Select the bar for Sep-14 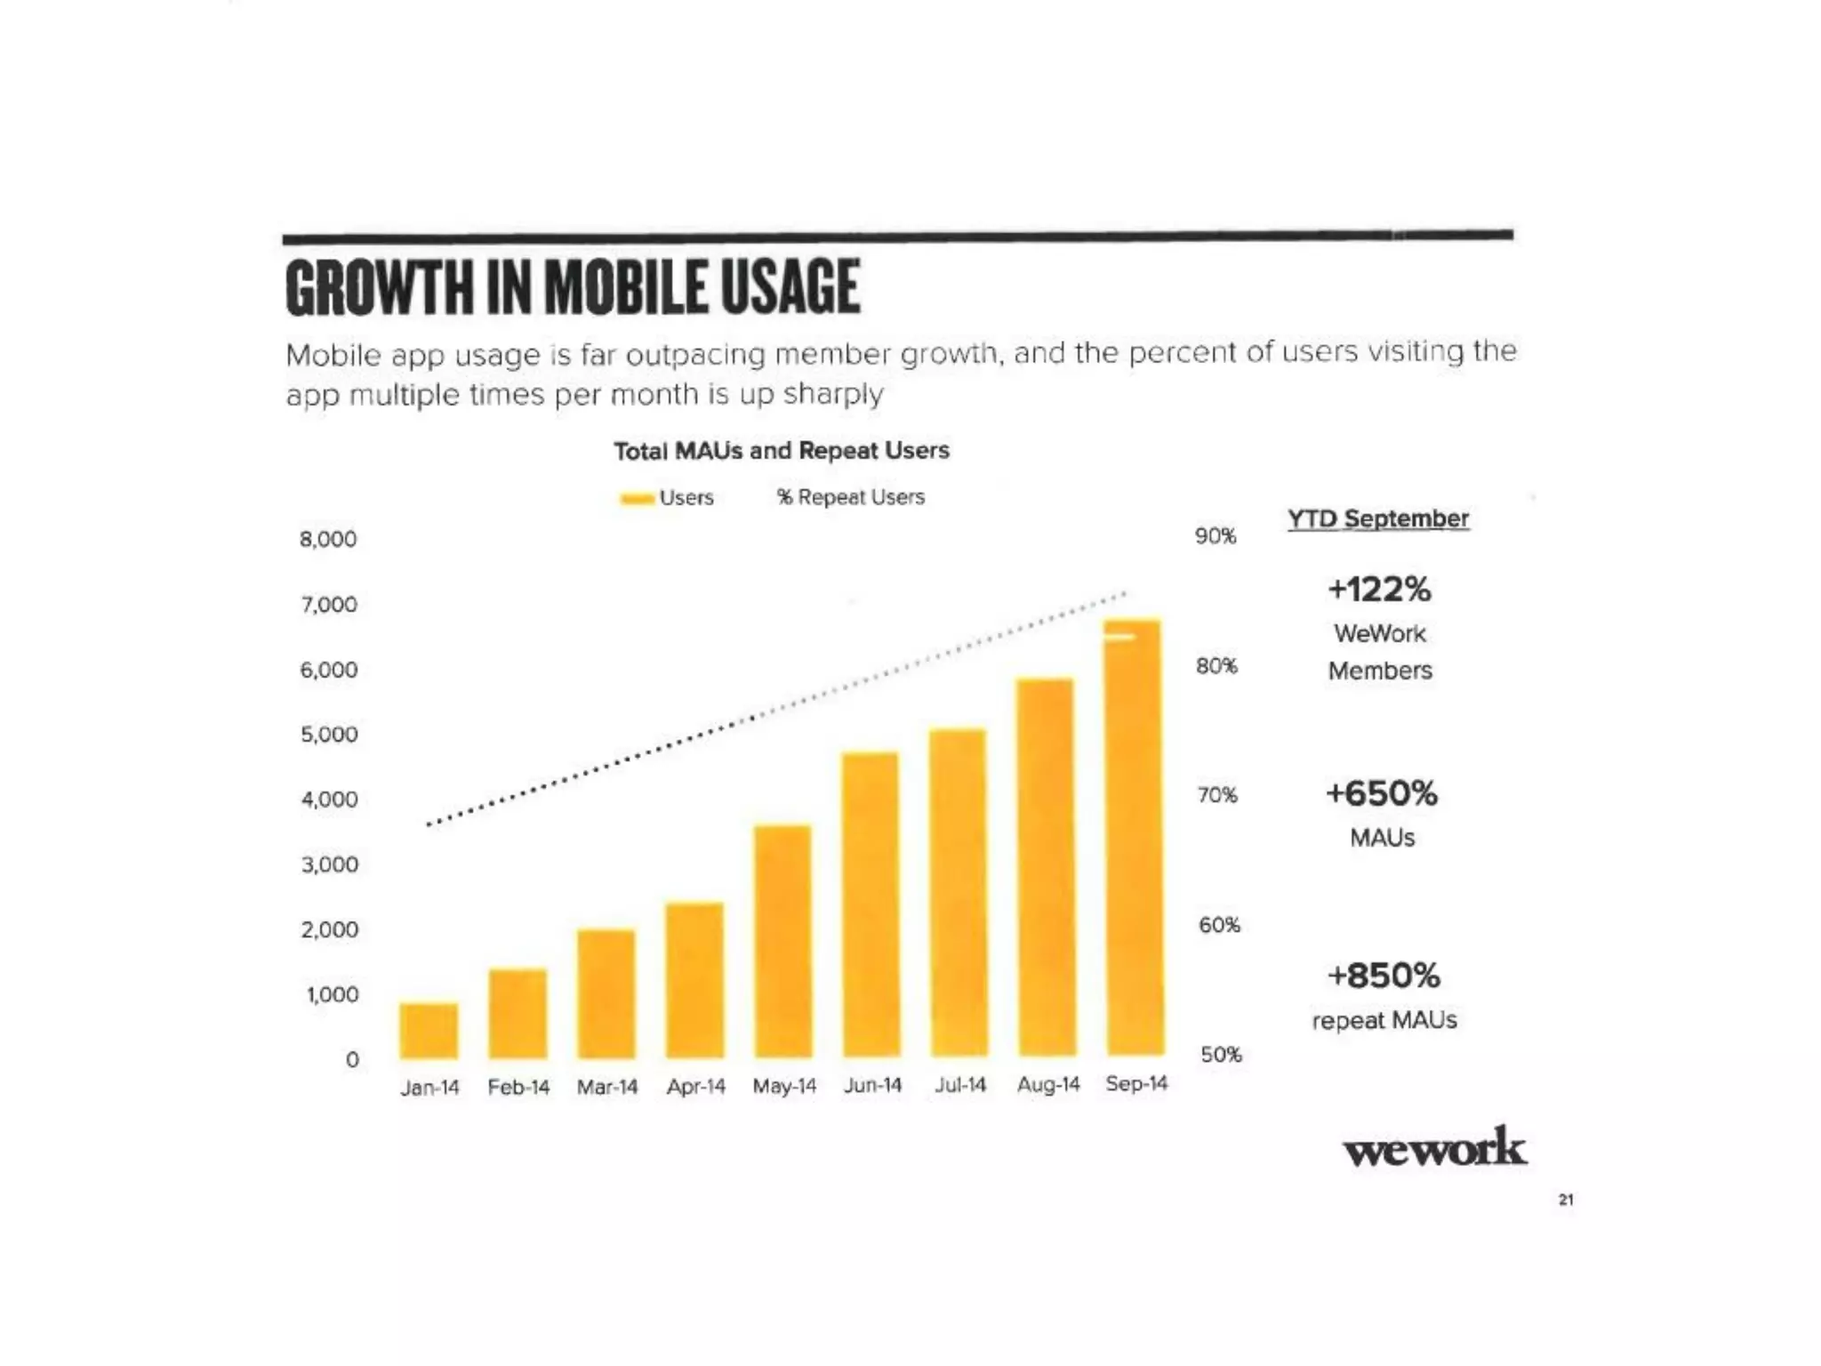[1134, 836]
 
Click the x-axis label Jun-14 [872, 1085]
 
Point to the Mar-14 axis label [607, 1087]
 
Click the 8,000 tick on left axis [328, 539]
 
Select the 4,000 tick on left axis [330, 800]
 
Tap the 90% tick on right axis [1215, 536]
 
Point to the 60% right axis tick [1219, 925]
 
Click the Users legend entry [686, 498]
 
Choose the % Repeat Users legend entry [851, 497]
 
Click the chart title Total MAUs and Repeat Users [782, 451]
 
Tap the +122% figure [1379, 589]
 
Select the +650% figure [1381, 793]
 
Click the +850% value [1384, 976]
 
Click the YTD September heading [1378, 518]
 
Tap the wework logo [1434, 1148]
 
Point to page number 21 [1566, 1200]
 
